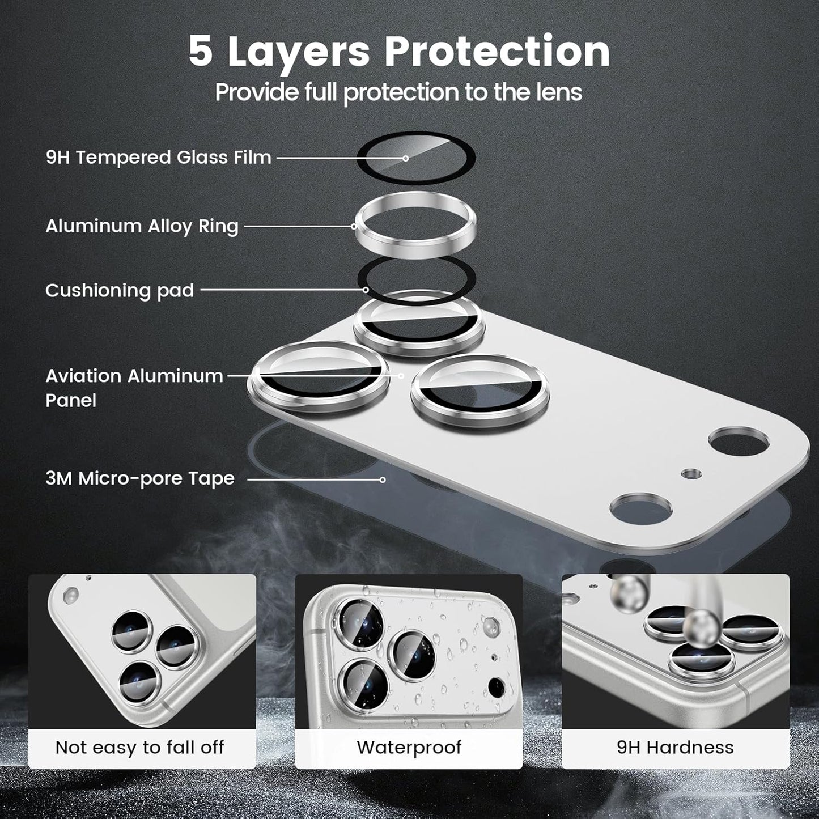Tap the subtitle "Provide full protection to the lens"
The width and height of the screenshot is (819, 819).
click(398, 92)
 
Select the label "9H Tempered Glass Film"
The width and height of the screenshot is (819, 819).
click(159, 157)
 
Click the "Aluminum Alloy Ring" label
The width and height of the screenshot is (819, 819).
click(142, 226)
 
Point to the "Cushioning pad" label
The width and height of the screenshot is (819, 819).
click(120, 290)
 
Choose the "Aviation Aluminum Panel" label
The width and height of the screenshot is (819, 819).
click(134, 388)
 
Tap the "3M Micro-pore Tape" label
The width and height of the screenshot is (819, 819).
click(140, 478)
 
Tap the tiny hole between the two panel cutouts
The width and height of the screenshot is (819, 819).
click(689, 473)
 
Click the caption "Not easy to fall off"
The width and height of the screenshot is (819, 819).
click(140, 747)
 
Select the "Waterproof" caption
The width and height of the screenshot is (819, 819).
click(409, 747)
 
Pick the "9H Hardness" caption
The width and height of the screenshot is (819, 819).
click(675, 747)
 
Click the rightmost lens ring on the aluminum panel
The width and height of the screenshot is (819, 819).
click(479, 391)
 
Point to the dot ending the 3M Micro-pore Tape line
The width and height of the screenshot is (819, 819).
click(383, 479)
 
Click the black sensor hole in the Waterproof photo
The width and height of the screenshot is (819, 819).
click(497, 688)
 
